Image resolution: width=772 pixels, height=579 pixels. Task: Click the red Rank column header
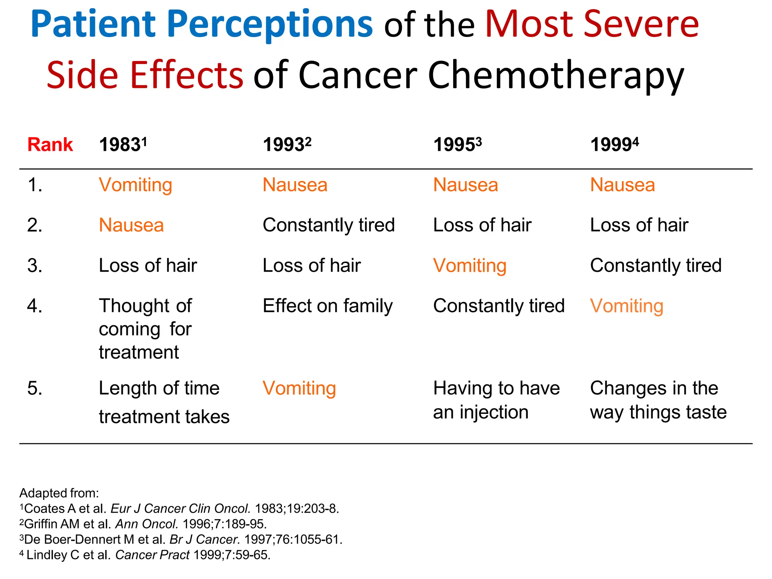tap(50, 145)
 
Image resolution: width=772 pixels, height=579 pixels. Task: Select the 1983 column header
tap(123, 145)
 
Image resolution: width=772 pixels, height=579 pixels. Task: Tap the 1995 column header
tap(457, 145)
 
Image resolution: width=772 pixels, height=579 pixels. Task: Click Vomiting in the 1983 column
tap(135, 185)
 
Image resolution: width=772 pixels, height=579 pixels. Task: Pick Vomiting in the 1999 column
tap(626, 306)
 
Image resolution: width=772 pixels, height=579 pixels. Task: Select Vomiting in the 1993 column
tap(299, 388)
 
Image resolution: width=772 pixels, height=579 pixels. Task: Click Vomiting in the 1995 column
tap(470, 265)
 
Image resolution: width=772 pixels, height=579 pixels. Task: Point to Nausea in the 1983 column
tap(131, 225)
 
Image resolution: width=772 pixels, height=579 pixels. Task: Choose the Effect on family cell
tap(327, 306)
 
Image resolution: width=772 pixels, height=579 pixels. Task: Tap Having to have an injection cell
tap(496, 400)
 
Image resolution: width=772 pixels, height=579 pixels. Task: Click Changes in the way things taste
tap(658, 400)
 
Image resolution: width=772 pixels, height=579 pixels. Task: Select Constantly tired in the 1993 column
tap(328, 225)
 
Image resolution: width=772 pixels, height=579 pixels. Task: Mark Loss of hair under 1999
tap(639, 225)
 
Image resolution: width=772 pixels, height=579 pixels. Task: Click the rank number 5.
tap(35, 388)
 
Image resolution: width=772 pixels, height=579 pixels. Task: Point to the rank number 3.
tap(35, 266)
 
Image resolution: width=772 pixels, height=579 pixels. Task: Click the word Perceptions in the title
tap(269, 25)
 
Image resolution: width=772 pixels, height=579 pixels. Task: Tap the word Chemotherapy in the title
tap(555, 75)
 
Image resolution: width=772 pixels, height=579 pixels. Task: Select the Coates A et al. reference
tap(179, 509)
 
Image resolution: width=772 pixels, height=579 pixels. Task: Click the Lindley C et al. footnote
tap(145, 555)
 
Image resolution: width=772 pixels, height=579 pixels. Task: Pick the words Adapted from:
tap(59, 493)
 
